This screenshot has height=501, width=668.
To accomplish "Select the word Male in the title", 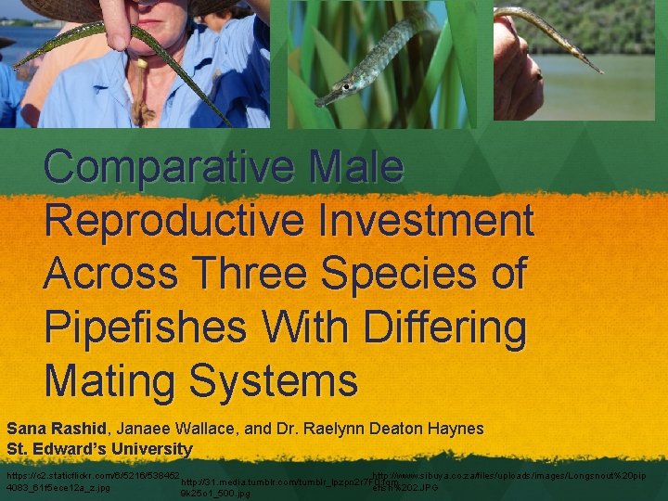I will point(356,167).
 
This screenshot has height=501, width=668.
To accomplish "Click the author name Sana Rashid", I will point(58,429).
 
